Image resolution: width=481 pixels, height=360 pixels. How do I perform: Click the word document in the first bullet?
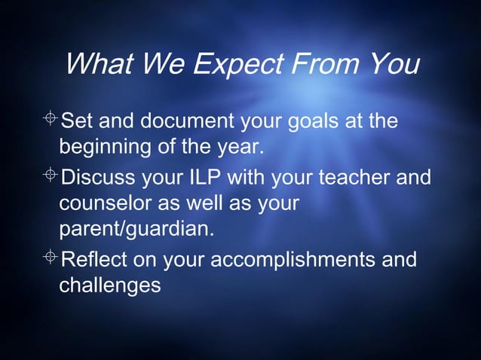[194, 121]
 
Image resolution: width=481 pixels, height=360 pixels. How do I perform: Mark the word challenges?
[110, 285]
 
